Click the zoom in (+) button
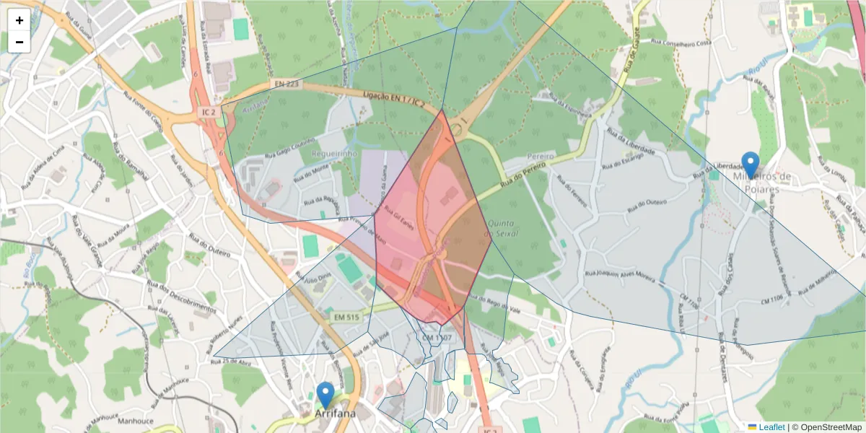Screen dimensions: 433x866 (19, 20)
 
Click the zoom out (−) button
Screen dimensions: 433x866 (19, 42)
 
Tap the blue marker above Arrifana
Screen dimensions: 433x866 (325, 395)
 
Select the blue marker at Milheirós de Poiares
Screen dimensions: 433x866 (751, 165)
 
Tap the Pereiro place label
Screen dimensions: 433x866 (540, 156)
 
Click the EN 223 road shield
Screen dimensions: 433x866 (287, 84)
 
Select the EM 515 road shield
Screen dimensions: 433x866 (345, 317)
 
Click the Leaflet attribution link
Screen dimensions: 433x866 (771, 427)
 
